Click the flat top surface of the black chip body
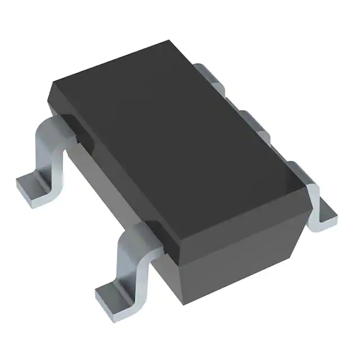[x=169, y=135]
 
